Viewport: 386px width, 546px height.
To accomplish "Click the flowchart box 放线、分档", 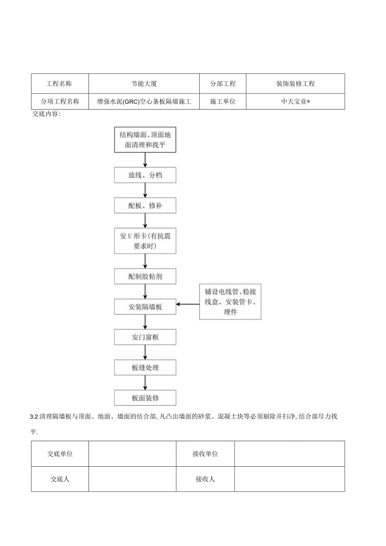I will point(145,175).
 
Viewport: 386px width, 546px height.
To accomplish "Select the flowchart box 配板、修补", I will point(145,205).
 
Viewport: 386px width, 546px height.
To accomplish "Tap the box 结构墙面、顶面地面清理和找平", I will point(145,140).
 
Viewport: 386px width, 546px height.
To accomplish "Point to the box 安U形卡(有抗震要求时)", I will point(145,241).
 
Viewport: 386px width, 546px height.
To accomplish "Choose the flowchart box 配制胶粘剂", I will point(145,276).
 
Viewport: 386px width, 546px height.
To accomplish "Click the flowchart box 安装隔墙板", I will point(145,307).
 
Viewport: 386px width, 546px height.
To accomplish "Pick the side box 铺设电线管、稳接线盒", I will point(230,302).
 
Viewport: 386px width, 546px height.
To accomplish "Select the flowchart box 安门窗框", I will point(145,337).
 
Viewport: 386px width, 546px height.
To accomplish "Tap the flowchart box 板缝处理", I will point(145,368).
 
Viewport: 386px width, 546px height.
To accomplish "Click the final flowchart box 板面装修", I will point(145,398).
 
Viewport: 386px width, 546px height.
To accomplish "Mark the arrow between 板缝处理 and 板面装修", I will point(145,383).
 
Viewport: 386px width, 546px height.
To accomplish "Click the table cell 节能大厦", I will point(144,84).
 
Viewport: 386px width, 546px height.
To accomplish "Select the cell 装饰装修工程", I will point(295,84).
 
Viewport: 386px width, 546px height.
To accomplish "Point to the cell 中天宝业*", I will point(295,101).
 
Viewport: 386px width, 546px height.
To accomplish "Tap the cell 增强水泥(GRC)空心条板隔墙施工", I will point(144,101).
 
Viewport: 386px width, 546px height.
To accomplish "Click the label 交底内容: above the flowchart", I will point(46,114).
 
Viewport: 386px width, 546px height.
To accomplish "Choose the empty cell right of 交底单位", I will point(132,454).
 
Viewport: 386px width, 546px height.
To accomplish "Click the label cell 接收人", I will point(205,479).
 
